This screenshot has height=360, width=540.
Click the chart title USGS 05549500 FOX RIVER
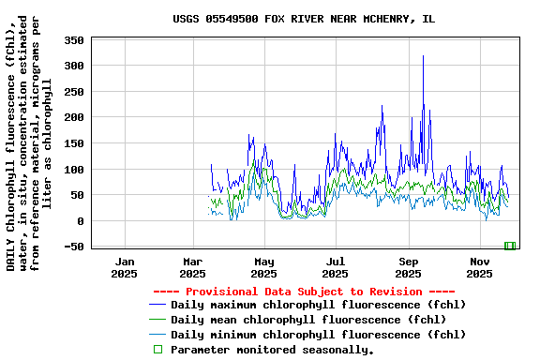pos(304,19)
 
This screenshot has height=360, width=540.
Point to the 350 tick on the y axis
pos(74,40)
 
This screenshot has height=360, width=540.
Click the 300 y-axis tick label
pos(74,66)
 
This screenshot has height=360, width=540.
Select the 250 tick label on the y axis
pos(74,92)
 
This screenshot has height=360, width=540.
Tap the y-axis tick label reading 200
pos(74,118)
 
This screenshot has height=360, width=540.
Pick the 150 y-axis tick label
pos(74,143)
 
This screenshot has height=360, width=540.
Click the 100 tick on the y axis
pos(74,170)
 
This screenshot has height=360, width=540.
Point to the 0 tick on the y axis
pos(81,221)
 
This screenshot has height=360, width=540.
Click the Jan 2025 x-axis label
pos(125,267)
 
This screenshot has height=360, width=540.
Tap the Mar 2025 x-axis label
pos(192,267)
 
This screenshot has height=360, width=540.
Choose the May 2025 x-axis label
pos(263,267)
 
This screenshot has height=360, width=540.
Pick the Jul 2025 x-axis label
pos(335,267)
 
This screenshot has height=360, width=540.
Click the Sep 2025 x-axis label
pos(408,267)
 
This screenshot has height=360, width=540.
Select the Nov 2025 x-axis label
pos(479,267)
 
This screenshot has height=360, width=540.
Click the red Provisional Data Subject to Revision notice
pos(304,292)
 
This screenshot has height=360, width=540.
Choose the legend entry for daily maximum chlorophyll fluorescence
pos(318,305)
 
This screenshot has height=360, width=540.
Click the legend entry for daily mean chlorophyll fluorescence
pos(295,320)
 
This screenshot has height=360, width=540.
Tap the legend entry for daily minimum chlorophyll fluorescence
pos(318,335)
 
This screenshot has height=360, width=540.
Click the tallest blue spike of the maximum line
pos(423,56)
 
